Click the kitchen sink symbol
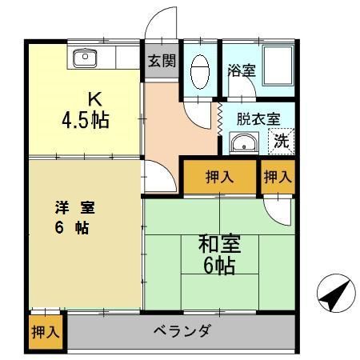pyautogui.click(x=84, y=57)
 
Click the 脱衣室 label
pyautogui.click(x=258, y=118)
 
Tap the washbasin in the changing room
pyautogui.click(x=242, y=143)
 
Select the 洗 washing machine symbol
pyautogui.click(x=282, y=142)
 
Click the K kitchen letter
pyautogui.click(x=94, y=100)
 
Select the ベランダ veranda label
pyautogui.click(x=182, y=330)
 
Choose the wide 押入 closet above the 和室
pyautogui.click(x=219, y=177)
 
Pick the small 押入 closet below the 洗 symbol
pyautogui.click(x=277, y=177)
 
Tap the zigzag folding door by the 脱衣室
pyautogui.click(x=218, y=117)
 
